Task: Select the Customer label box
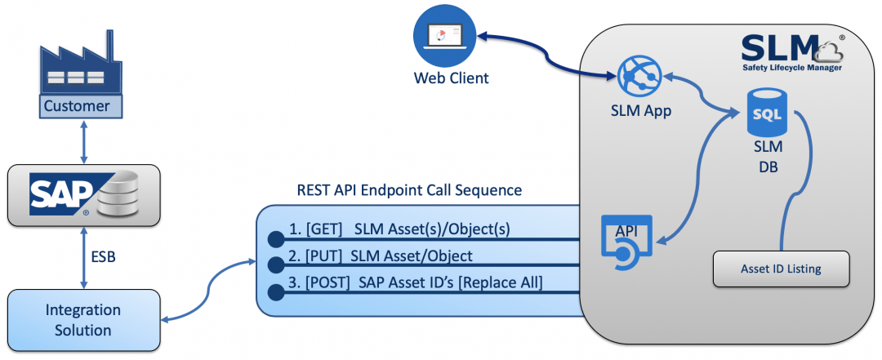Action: pyautogui.click(x=76, y=106)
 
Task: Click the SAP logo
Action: pyautogui.click(x=60, y=196)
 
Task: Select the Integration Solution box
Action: pyautogui.click(x=83, y=320)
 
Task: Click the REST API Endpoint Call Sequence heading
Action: pyautogui.click(x=409, y=190)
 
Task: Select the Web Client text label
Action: pyautogui.click(x=451, y=78)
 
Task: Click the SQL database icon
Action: pyautogui.click(x=767, y=117)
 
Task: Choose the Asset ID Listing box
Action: pyautogui.click(x=781, y=269)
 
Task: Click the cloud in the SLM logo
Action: pyautogui.click(x=831, y=52)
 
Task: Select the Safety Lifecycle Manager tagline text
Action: pyautogui.click(x=791, y=69)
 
